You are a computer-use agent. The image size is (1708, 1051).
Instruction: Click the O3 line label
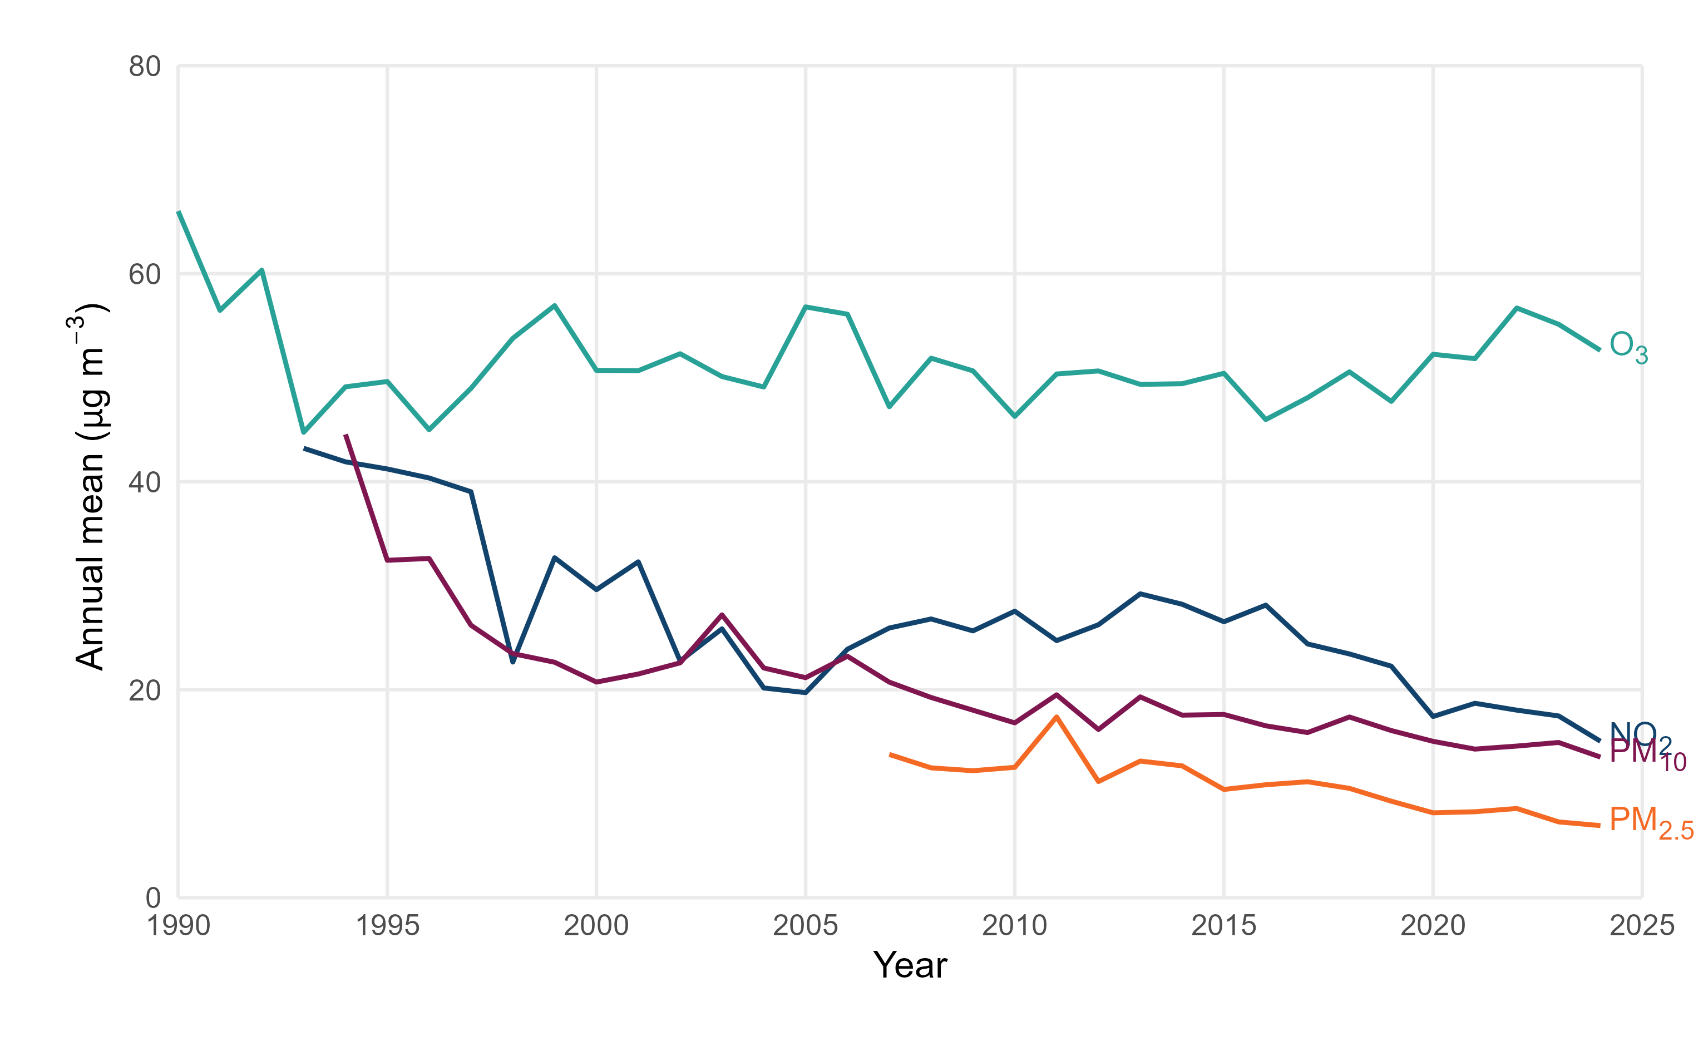1627,347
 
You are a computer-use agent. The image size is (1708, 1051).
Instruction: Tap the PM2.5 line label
1650,822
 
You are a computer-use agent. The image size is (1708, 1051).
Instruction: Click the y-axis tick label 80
145,67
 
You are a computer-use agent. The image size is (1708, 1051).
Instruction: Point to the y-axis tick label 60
145,274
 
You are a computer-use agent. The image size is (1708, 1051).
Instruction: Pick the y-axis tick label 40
145,482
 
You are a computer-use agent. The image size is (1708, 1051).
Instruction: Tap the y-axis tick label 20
145,690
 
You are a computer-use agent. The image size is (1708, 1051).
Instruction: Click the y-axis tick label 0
153,897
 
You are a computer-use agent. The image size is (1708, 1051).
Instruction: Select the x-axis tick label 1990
179,926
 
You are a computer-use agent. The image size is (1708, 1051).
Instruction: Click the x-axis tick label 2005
806,926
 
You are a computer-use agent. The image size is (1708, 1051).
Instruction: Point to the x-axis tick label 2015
1223,926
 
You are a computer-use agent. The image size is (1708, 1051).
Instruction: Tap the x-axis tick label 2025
1641,926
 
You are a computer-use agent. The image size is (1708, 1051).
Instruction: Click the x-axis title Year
910,965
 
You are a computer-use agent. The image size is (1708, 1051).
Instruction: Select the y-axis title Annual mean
90,487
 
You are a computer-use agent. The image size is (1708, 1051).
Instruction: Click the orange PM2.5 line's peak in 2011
1056,717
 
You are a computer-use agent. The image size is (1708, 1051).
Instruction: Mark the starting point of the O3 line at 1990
179,212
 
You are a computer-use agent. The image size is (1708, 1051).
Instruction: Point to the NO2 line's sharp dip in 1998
513,662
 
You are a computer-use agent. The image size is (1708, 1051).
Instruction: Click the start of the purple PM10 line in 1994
346,436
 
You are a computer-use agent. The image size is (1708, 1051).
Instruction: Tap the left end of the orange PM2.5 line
890,754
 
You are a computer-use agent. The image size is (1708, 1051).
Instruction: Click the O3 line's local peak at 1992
261,270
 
